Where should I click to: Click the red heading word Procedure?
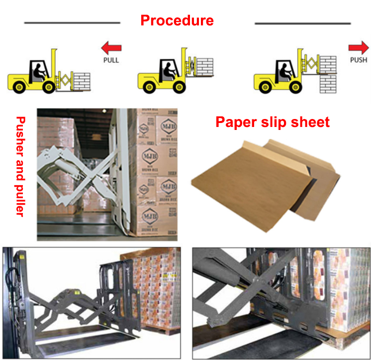coord(177,21)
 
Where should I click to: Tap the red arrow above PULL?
coord(111,48)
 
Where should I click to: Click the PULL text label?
coord(111,60)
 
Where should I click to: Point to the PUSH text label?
coord(358,60)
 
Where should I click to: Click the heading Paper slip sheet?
coord(272,122)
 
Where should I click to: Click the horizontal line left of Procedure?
coord(72,22)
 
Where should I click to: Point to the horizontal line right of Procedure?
coord(302,23)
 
